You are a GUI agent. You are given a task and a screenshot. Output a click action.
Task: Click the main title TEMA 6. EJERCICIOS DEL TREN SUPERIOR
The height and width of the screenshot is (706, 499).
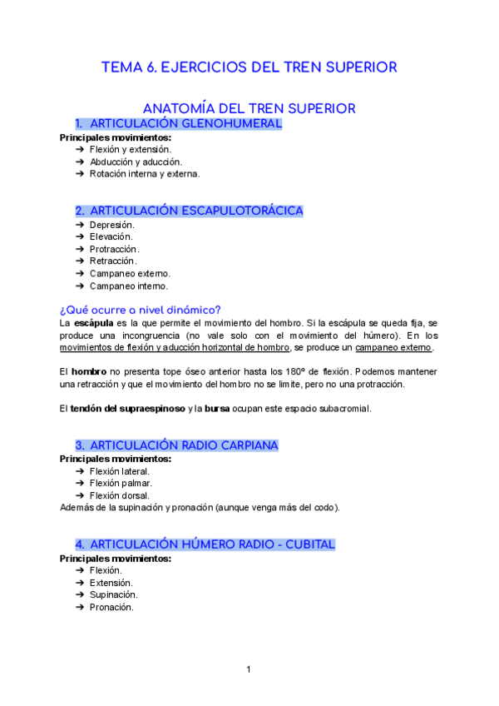click(249, 67)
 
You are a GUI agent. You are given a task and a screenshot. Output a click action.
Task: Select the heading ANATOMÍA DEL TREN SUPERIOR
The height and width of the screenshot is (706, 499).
click(249, 108)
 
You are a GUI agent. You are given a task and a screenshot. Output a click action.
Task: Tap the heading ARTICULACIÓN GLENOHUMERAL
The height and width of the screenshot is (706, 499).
click(185, 124)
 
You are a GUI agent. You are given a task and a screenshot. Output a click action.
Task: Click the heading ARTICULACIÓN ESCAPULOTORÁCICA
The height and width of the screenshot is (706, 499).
click(195, 211)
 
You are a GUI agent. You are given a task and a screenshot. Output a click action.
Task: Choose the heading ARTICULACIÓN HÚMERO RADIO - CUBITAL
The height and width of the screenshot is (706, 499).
click(211, 544)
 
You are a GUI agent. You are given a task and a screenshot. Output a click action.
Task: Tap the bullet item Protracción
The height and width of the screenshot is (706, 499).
click(114, 249)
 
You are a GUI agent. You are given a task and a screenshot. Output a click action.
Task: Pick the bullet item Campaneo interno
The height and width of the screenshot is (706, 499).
click(128, 286)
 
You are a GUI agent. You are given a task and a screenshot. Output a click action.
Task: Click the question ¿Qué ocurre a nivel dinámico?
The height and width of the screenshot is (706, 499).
click(141, 309)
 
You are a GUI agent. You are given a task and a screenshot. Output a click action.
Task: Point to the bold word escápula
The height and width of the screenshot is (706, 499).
click(94, 322)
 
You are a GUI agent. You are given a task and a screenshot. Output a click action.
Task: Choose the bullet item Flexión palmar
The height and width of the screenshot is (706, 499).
click(121, 483)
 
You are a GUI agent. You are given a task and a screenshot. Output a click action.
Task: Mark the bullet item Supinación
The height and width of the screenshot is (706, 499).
click(113, 594)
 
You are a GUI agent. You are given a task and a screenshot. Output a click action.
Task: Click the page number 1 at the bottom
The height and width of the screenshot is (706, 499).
click(248, 669)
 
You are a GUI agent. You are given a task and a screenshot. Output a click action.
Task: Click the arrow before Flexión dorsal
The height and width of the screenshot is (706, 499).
click(79, 495)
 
